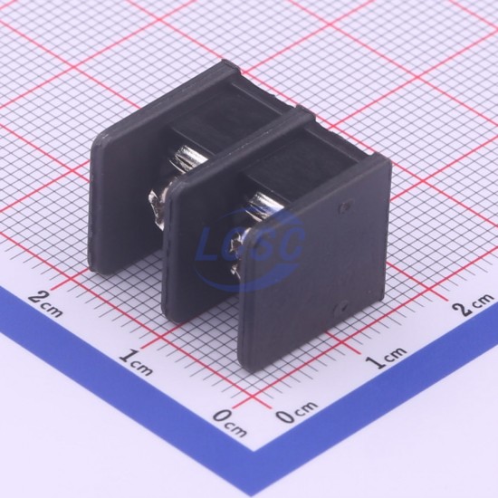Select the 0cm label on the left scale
point(229,424)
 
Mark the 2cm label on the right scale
point(473,304)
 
